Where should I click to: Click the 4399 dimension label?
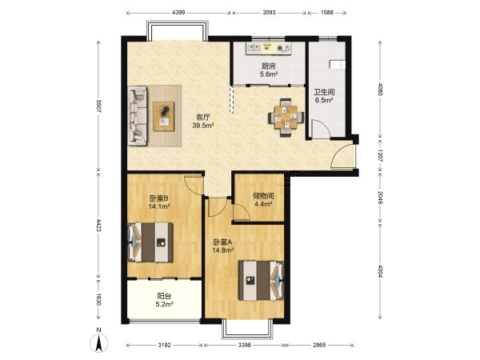pos(178,13)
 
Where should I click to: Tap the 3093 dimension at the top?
pos(269,13)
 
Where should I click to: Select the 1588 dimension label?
pos(327,13)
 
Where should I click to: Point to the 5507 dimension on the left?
pos(98,106)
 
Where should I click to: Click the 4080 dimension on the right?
pos(380,90)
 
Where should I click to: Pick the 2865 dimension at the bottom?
pos(319,345)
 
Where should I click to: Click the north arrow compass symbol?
pos(98,342)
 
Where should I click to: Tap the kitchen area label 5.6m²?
pos(269,74)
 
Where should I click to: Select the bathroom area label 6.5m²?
pos(324,100)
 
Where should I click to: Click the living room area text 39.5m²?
pos(203,125)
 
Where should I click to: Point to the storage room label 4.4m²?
pos(263,203)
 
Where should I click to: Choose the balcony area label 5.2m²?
pos(164,304)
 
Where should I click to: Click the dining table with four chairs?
pos(286,118)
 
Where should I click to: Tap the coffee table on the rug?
pos(164,116)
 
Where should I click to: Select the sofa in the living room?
pos(138,115)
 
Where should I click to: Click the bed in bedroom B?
pos(150,242)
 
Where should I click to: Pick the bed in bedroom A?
pos(261,281)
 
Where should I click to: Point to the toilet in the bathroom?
pos(337,65)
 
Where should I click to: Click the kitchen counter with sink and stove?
pos(269,48)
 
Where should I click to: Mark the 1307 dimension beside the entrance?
pos(380,155)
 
